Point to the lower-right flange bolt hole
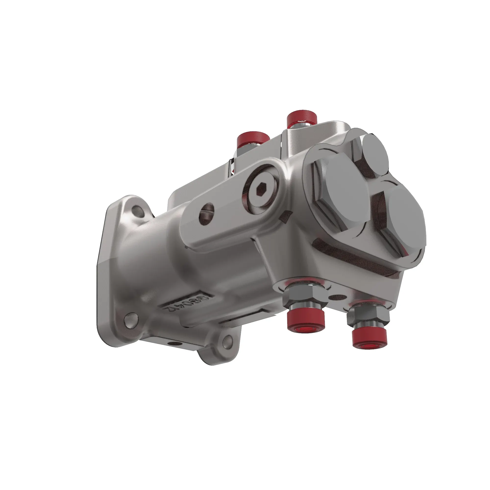228,341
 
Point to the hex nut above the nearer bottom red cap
305,296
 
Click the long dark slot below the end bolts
355,260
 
